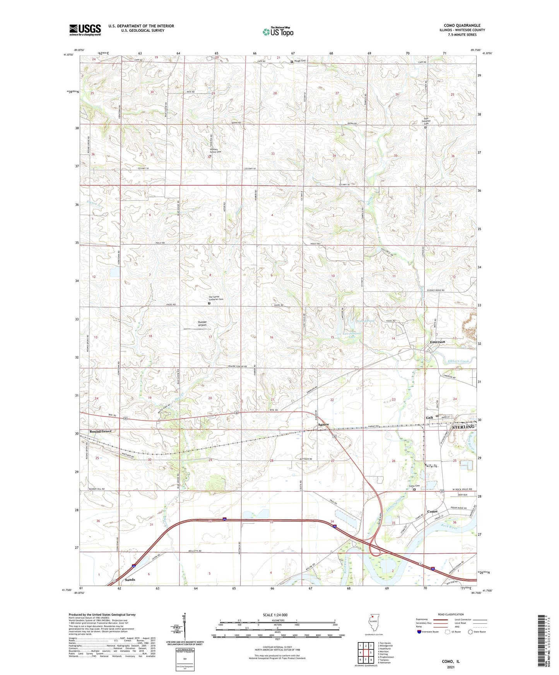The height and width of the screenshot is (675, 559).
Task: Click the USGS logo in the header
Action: [85, 30]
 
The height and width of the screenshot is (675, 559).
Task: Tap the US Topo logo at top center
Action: [277, 32]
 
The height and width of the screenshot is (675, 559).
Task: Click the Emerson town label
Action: [438, 342]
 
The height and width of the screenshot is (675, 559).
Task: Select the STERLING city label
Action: [463, 426]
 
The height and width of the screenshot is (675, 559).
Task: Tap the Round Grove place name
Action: [100, 431]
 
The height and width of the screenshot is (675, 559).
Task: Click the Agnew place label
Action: [323, 424]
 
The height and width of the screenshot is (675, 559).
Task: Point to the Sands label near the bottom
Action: [130, 580]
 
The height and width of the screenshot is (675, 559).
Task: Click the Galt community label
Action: [429, 418]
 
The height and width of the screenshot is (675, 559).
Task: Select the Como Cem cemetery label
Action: [414, 486]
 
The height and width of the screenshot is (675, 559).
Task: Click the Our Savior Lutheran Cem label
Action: [216, 298]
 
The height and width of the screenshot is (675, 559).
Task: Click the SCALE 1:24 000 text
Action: [275, 615]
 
